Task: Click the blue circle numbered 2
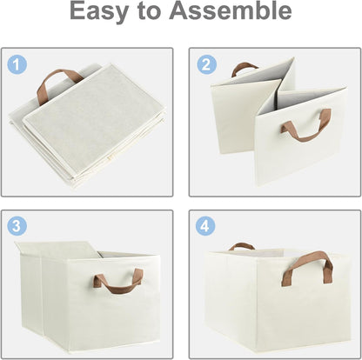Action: pyautogui.click(x=205, y=63)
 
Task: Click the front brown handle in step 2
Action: pyautogui.click(x=305, y=127)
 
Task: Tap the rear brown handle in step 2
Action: pyautogui.click(x=245, y=68)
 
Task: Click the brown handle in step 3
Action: pyautogui.click(x=118, y=281)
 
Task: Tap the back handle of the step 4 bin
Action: pyautogui.click(x=241, y=247)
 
